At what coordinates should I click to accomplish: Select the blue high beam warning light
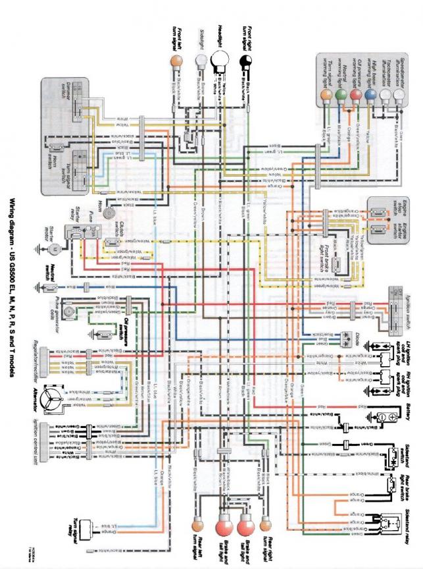point(370,94)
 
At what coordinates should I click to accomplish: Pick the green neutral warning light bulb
point(339,94)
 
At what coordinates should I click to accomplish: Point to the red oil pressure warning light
point(355,94)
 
